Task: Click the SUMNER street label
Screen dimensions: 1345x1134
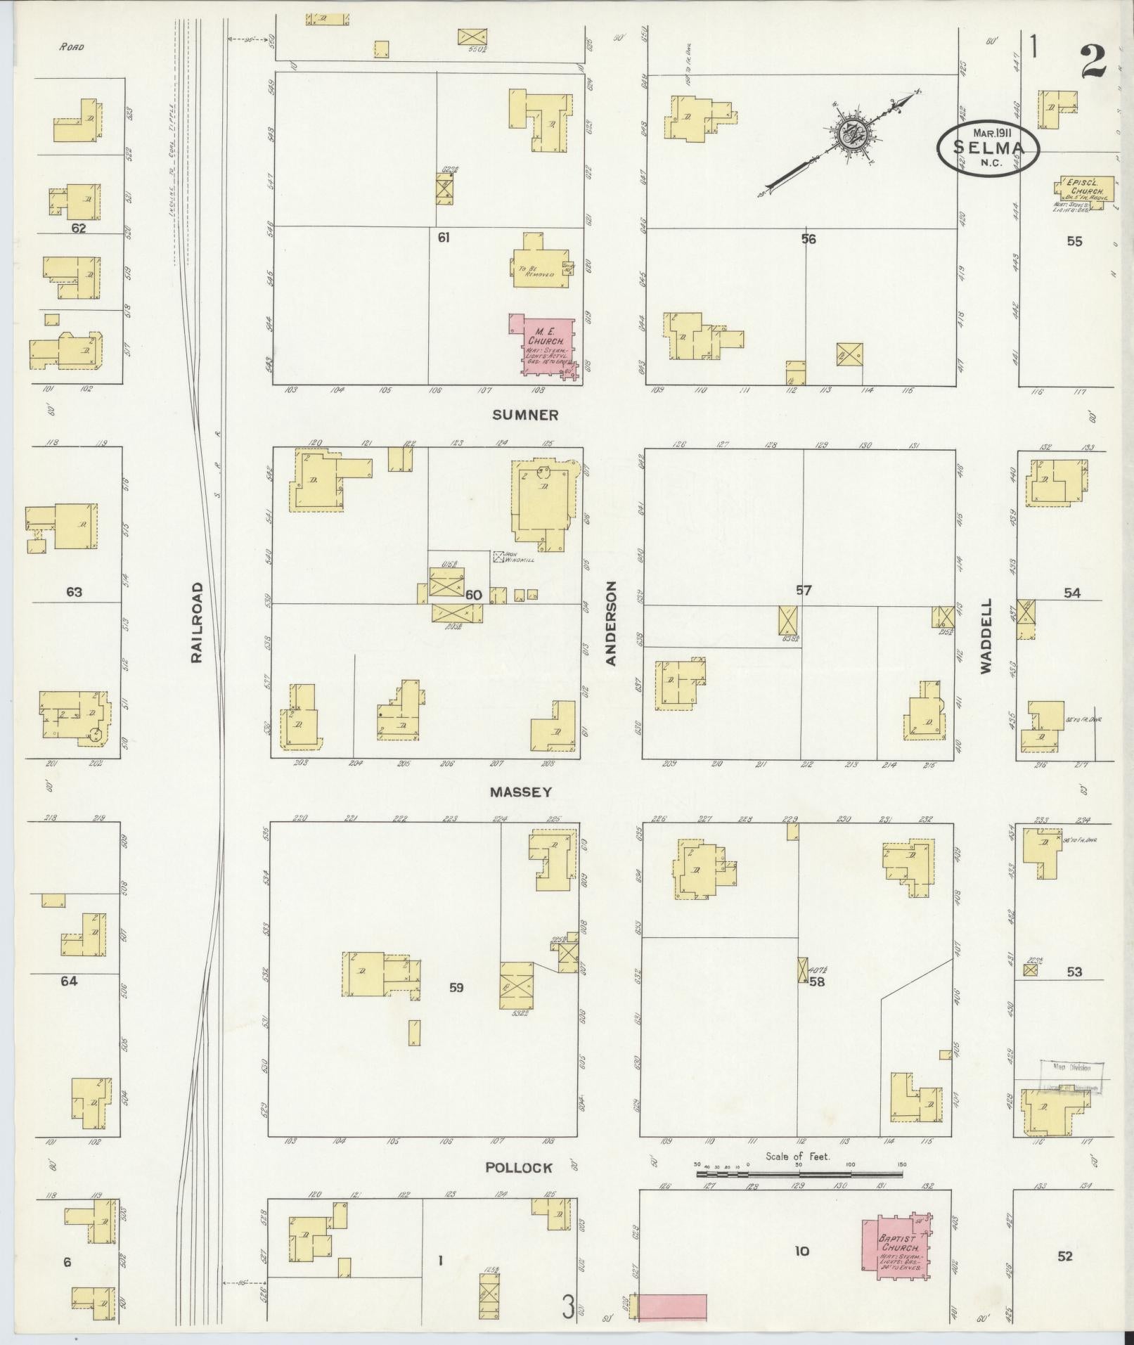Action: coord(525,415)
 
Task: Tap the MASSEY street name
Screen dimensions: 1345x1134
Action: coord(520,792)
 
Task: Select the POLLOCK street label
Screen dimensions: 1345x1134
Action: coord(519,1167)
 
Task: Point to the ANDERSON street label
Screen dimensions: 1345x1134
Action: coord(611,623)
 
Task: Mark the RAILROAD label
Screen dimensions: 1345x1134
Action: coord(197,622)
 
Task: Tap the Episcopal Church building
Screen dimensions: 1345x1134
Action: coord(1085,189)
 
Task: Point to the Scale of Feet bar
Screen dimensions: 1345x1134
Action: coord(799,1173)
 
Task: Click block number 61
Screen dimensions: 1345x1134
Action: coord(443,238)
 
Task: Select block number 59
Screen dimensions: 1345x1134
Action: coord(456,988)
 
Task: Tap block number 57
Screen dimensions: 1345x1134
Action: coord(803,591)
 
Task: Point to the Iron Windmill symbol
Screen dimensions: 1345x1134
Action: coord(499,556)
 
